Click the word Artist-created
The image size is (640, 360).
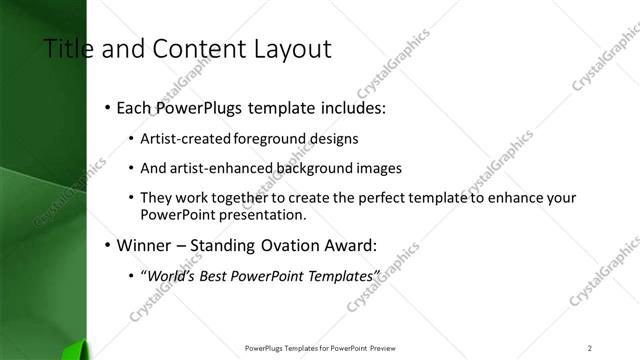click(x=182, y=138)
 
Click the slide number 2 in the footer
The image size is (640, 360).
click(x=590, y=347)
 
